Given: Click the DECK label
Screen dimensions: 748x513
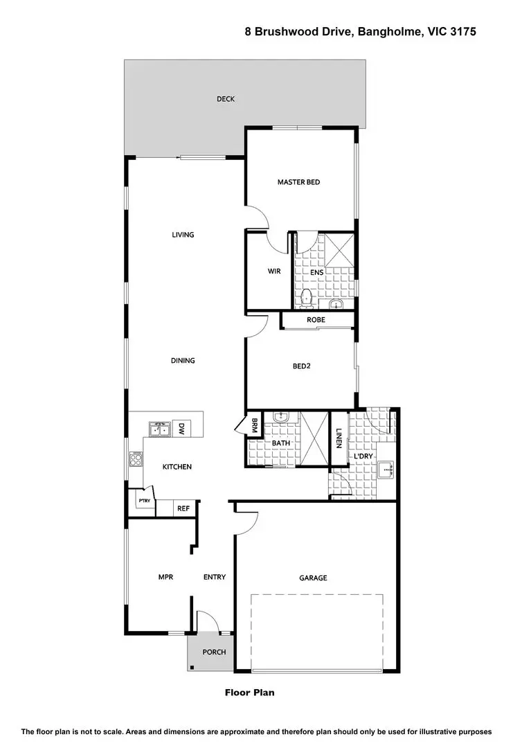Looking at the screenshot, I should (225, 99).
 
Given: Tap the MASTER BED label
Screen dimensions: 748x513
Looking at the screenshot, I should (298, 182).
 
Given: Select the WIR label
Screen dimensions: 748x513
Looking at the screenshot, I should (273, 271).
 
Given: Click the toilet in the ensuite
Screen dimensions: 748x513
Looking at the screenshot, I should (306, 298).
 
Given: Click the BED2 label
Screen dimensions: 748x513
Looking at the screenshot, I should (300, 366).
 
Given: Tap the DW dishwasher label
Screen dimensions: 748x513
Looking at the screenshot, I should (181, 429).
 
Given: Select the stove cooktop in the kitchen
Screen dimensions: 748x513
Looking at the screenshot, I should (136, 458).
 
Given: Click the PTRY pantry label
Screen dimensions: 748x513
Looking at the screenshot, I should (144, 501).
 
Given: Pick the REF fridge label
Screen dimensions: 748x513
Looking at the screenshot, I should (183, 508).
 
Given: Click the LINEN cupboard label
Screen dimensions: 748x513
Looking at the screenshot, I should (339, 438).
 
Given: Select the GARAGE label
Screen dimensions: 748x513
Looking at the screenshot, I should (313, 578).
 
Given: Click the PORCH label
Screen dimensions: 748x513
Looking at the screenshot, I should (214, 652).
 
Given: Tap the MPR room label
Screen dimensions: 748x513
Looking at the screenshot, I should (165, 576).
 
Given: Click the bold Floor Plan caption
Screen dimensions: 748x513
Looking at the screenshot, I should (250, 692).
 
